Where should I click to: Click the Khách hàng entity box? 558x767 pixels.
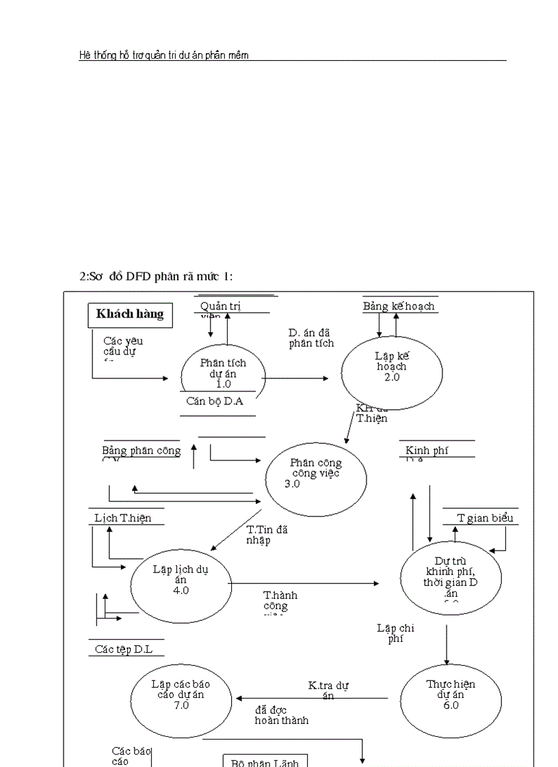130,314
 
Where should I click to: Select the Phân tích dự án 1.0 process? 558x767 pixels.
223,372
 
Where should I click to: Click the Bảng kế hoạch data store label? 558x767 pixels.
398,307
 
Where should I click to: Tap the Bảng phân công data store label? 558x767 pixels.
142,451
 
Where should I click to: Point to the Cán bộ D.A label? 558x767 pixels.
215,401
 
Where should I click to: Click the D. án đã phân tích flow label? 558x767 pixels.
311,338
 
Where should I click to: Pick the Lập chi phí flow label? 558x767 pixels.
395,633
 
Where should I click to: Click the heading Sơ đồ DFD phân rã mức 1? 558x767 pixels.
156,275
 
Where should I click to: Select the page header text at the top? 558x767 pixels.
163,55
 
